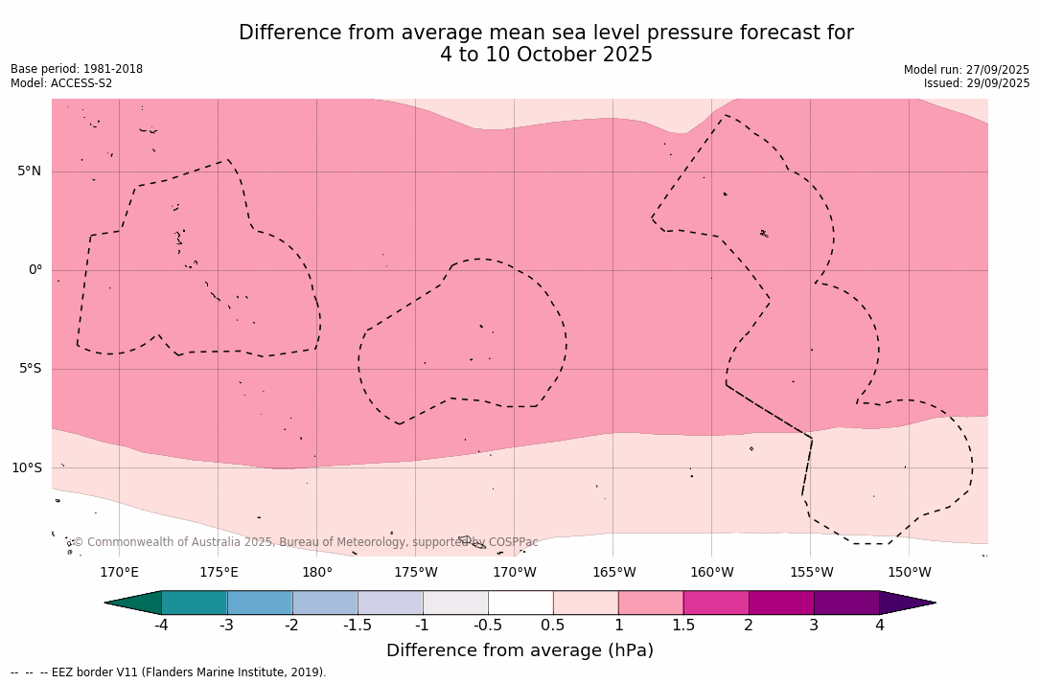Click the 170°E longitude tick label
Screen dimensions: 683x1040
119,573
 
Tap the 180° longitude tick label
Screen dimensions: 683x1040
317,573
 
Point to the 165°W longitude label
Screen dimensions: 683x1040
613,573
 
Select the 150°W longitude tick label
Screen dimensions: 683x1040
910,573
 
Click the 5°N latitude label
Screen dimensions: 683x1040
29,171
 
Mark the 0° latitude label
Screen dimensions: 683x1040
35,270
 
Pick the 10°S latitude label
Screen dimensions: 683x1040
26,468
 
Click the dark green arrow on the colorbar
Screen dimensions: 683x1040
134,603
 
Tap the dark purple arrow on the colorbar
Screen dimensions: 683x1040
907,603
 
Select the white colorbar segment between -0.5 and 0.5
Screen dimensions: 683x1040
520,603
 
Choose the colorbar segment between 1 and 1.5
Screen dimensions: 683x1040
651,603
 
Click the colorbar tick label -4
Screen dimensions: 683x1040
161,626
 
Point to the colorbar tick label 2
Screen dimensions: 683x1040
749,626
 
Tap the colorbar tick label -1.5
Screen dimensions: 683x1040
358,626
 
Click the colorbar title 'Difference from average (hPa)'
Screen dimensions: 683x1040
520,650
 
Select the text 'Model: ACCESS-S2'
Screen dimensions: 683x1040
61,83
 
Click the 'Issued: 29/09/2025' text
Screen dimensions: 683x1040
977,83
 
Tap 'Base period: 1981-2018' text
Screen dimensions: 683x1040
77,69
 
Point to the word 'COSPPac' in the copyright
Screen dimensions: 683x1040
513,542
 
